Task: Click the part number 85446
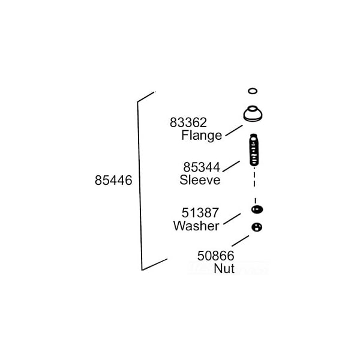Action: (113, 180)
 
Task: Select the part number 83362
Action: (188, 122)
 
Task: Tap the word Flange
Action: (202, 136)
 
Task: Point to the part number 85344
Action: (202, 167)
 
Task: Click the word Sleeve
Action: (200, 180)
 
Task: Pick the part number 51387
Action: (200, 213)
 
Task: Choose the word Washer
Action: (196, 226)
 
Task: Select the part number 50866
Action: (216, 256)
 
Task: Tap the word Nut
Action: (224, 269)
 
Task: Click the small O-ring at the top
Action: (253, 91)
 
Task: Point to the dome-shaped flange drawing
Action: (253, 113)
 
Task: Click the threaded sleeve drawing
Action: (254, 149)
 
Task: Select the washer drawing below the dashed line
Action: (257, 209)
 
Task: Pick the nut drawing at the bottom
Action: (257, 227)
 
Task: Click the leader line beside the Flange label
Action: (234, 130)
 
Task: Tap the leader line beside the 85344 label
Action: (231, 166)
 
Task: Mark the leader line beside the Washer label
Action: (232, 219)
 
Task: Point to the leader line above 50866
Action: (241, 241)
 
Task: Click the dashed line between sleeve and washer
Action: (254, 185)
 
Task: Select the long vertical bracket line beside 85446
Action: (140, 186)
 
